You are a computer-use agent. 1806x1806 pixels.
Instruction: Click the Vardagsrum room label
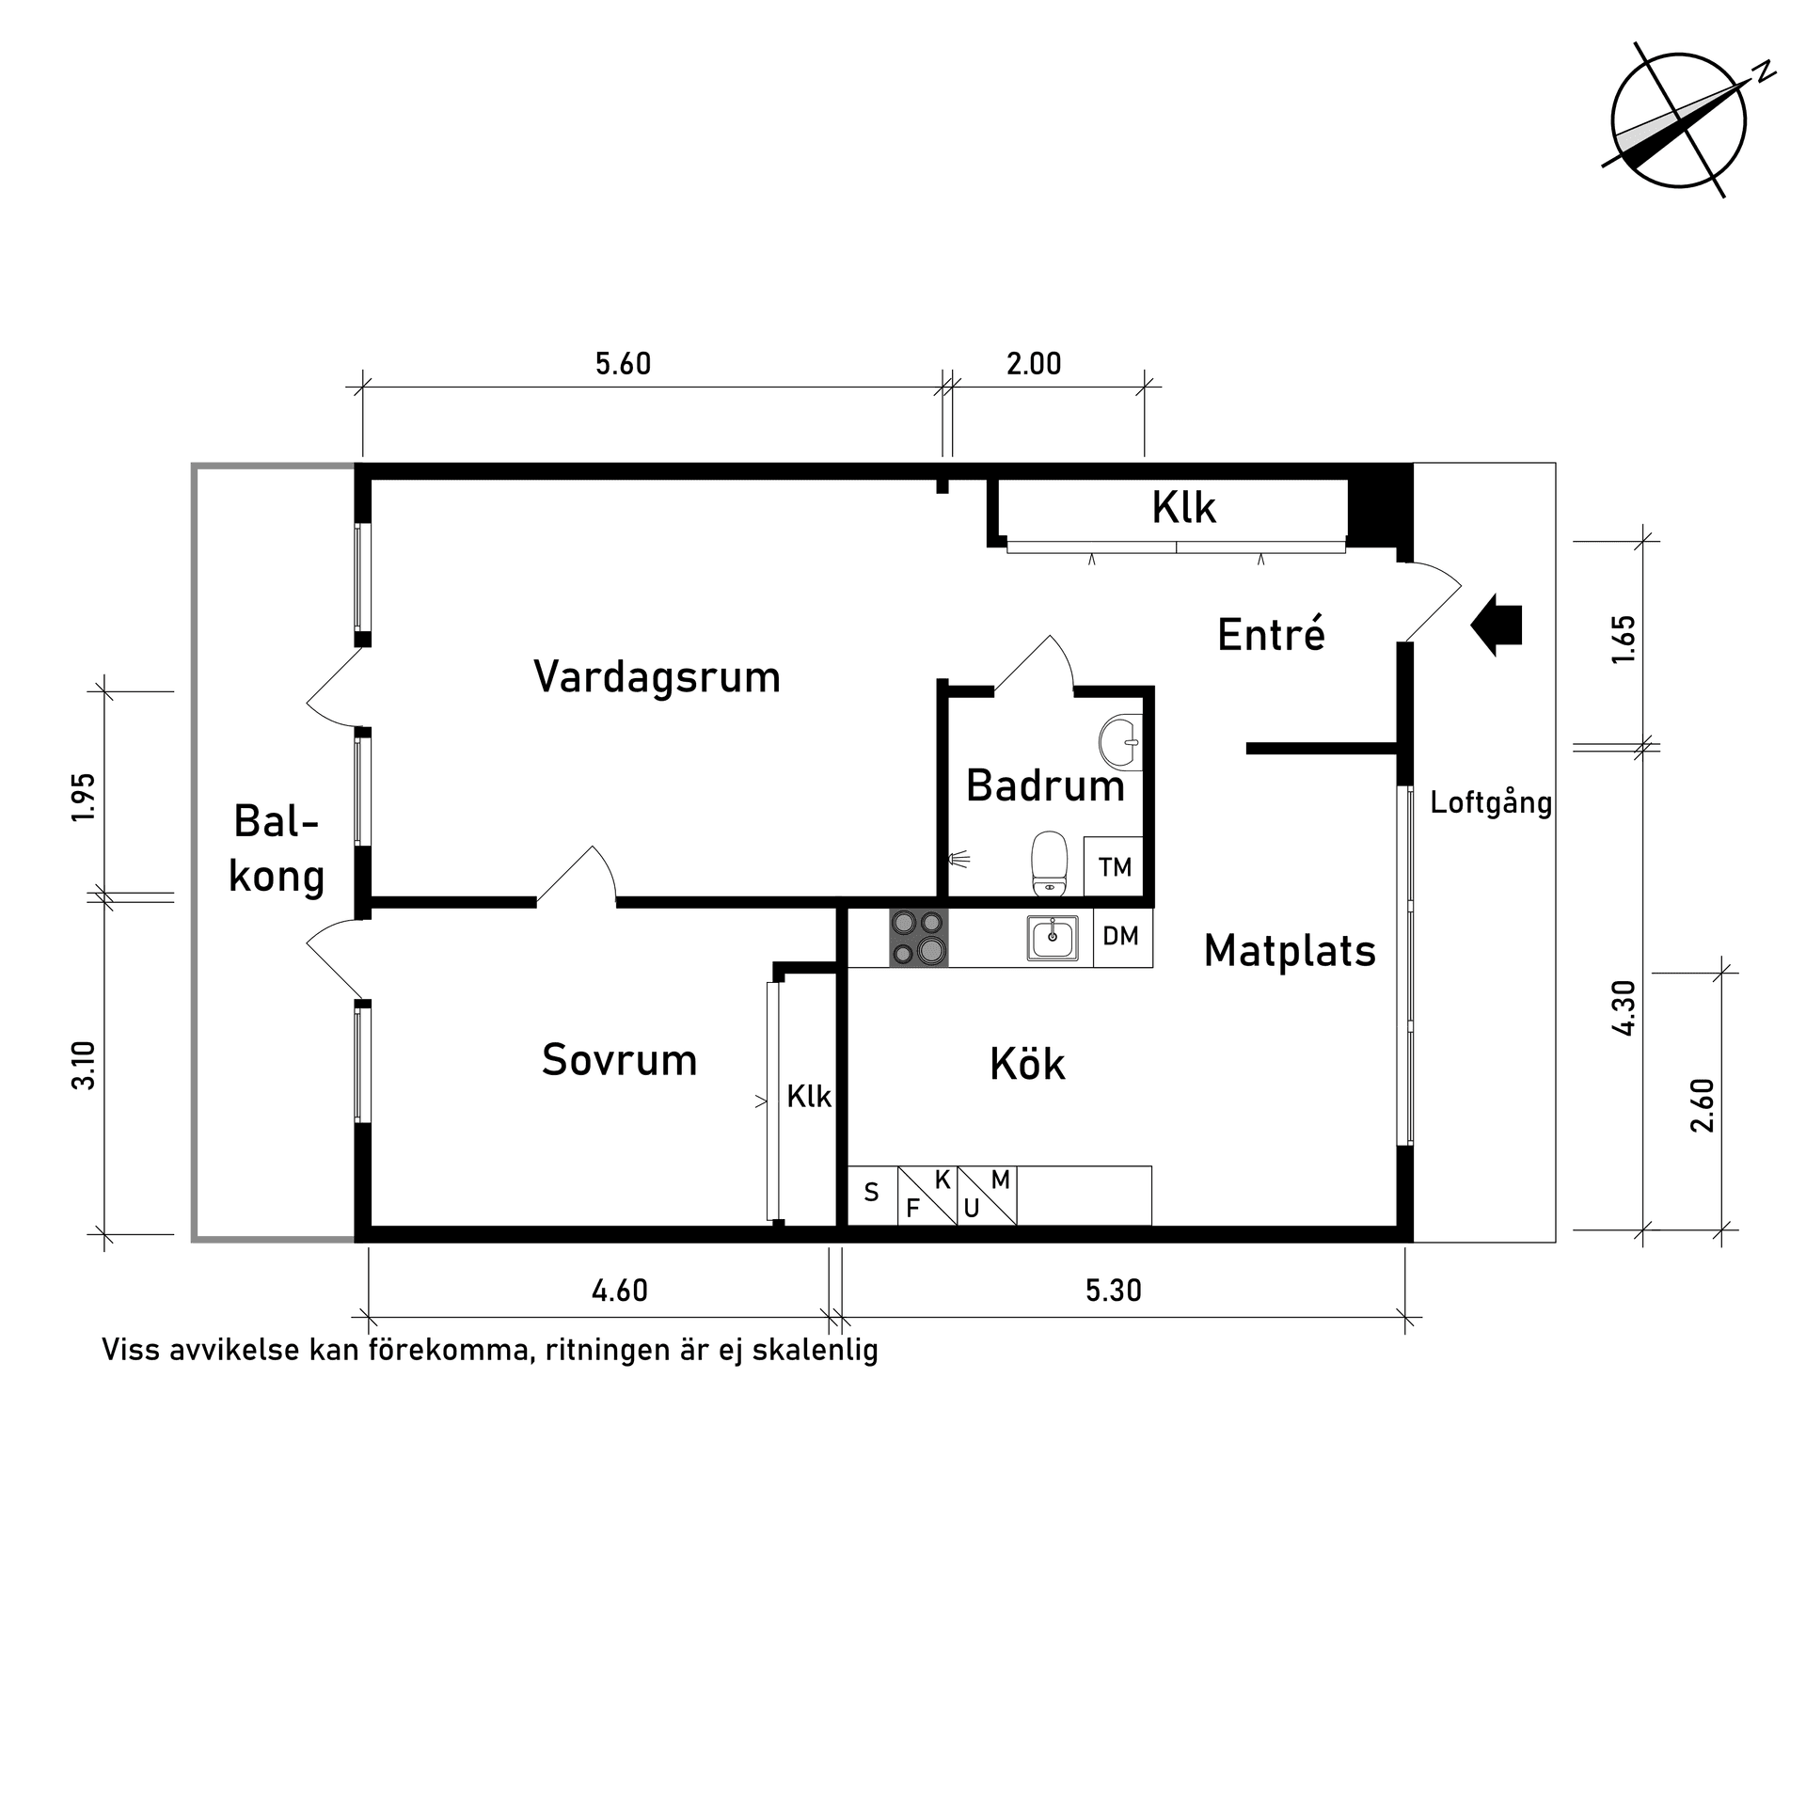(x=657, y=677)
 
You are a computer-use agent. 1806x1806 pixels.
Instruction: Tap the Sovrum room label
(x=619, y=1060)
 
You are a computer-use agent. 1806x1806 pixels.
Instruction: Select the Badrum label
(x=1045, y=785)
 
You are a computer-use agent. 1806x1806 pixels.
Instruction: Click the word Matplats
(x=1290, y=951)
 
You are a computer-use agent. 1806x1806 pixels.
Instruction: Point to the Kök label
(x=1027, y=1065)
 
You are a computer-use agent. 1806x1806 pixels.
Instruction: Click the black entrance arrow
(x=1497, y=625)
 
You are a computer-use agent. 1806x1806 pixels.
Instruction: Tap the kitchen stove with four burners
(x=918, y=938)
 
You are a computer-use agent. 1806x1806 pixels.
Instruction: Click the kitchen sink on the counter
(x=1053, y=938)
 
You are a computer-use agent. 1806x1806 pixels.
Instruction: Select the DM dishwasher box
(x=1121, y=937)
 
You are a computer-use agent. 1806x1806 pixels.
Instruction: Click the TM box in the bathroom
(x=1115, y=867)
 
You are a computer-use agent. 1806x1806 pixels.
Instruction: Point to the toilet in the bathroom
(x=1049, y=863)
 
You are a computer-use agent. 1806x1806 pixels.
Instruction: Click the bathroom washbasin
(x=1120, y=742)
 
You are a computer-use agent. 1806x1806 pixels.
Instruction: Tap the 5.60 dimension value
(x=623, y=364)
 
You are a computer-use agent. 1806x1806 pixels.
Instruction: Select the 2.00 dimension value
(x=1034, y=364)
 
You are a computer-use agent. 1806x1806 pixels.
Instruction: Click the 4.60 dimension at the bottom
(x=619, y=1291)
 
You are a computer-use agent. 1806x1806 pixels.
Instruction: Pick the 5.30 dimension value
(x=1114, y=1291)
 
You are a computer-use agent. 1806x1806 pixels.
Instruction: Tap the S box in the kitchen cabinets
(x=872, y=1194)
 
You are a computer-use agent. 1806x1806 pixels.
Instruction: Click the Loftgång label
(x=1491, y=803)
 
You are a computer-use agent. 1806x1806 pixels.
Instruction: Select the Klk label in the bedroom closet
(x=809, y=1096)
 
